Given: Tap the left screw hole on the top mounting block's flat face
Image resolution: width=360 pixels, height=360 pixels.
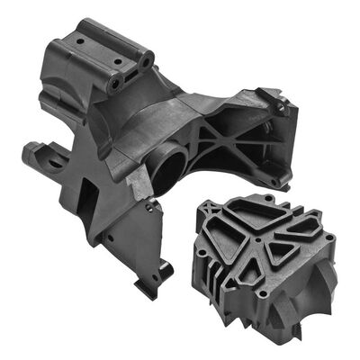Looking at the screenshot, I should point(79,41).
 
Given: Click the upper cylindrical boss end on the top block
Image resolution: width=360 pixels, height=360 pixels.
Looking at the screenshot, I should point(144,60).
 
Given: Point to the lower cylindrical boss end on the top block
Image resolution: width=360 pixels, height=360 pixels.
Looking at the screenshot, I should point(115,84).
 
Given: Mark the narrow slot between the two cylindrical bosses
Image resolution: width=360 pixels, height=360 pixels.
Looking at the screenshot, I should point(130,74).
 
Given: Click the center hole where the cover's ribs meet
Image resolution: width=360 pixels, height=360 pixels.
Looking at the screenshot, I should point(259,241).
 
